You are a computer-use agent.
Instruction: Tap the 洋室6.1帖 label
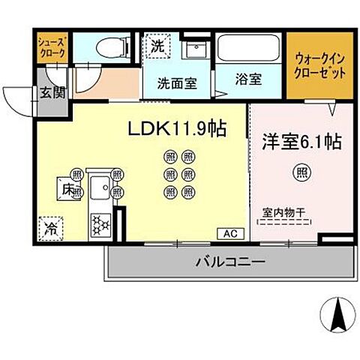301,142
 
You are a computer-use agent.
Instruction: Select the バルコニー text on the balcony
230,263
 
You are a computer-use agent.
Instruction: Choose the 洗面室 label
177,84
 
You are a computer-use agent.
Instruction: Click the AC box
229,233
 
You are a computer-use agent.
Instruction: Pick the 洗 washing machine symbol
157,46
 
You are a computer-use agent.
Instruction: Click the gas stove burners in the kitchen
100,223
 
